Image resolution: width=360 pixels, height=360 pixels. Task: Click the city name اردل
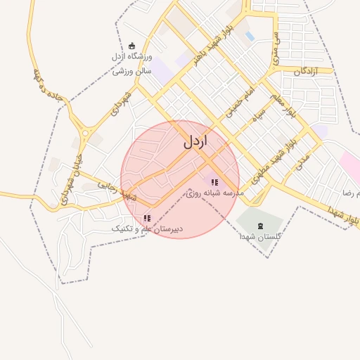(x=196, y=141)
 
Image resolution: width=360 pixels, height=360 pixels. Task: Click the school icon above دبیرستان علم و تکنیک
(x=146, y=219)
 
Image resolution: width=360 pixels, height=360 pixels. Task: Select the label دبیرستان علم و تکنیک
(x=148, y=229)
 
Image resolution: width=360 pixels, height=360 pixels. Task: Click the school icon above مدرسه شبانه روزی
(x=214, y=183)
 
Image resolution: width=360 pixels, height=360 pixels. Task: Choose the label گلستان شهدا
(x=260, y=238)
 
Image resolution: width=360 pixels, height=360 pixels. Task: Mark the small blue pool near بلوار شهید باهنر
(x=250, y=36)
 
